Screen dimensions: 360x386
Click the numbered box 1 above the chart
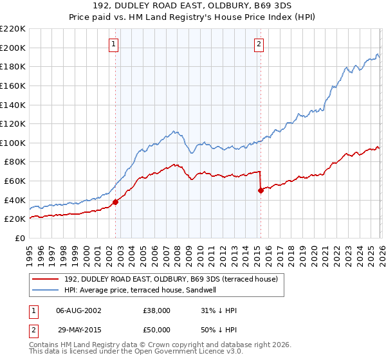tap(113, 44)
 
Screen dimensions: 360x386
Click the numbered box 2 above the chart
tap(259, 44)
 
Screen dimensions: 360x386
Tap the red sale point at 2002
tap(116, 202)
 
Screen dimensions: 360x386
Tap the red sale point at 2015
tap(261, 190)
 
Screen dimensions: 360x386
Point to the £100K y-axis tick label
tap(12, 143)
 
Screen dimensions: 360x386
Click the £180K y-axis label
tap(12, 66)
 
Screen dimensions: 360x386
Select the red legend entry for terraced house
tap(170, 279)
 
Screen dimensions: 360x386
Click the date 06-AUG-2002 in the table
tap(79, 310)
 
